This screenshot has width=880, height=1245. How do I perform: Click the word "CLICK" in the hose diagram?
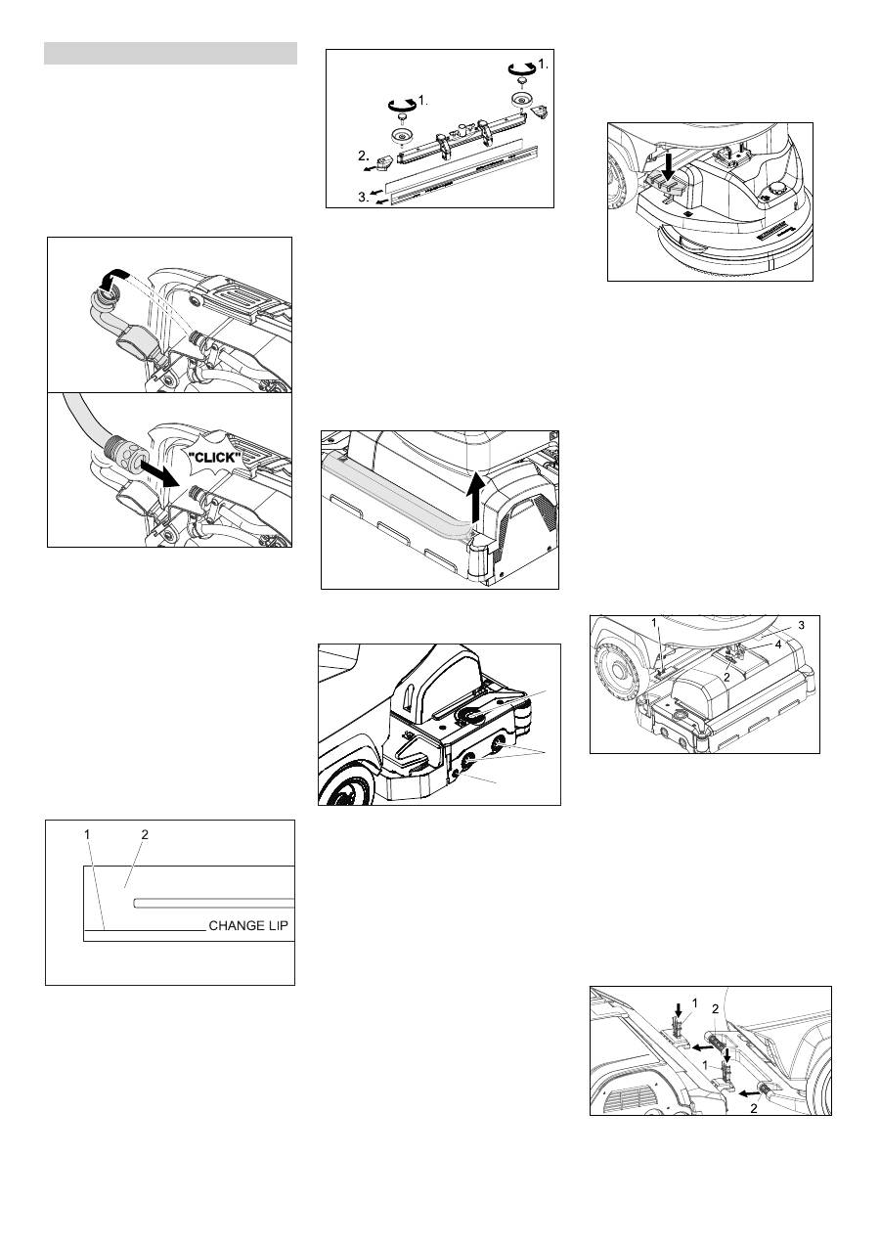tap(214, 458)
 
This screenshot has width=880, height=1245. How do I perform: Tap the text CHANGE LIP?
tap(248, 925)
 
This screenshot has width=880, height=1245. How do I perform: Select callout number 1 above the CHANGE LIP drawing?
tap(87, 834)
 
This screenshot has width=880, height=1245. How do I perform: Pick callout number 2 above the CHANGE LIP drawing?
tap(145, 834)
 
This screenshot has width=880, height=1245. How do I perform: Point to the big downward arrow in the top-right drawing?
tap(671, 166)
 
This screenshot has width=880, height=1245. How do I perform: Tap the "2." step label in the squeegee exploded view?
tap(364, 156)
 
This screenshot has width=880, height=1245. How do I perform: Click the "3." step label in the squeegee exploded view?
tap(364, 197)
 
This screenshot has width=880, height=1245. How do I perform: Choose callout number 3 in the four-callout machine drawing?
tap(801, 625)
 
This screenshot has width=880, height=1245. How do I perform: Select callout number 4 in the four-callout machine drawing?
tap(778, 645)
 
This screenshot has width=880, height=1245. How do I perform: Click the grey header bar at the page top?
tap(170, 53)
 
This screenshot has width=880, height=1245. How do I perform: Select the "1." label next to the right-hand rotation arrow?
tap(543, 65)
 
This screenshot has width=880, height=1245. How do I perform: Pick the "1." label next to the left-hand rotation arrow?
tap(422, 101)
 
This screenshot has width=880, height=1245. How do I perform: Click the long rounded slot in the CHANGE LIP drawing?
tap(213, 904)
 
